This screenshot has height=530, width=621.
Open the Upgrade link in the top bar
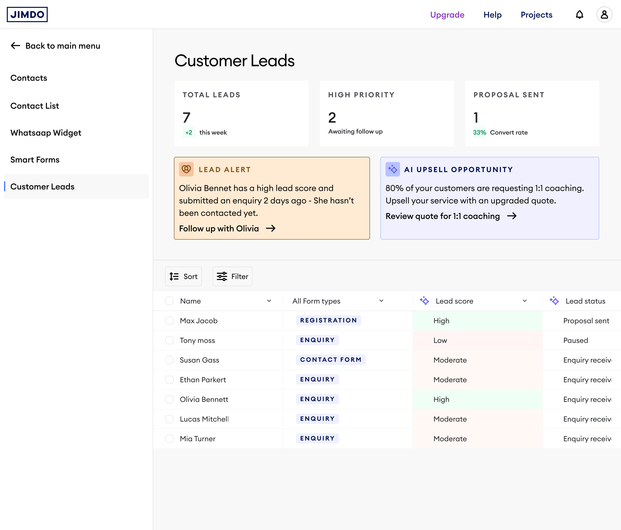click(447, 15)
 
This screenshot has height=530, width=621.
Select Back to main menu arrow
click(16, 46)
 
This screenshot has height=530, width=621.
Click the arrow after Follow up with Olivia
click(271, 228)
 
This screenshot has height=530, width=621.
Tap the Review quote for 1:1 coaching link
click(443, 216)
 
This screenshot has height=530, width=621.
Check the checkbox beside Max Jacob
click(170, 321)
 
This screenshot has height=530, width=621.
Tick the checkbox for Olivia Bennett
click(170, 399)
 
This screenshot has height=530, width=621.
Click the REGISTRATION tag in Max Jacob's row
click(328, 320)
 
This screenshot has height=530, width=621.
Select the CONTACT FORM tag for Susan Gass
click(331, 360)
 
